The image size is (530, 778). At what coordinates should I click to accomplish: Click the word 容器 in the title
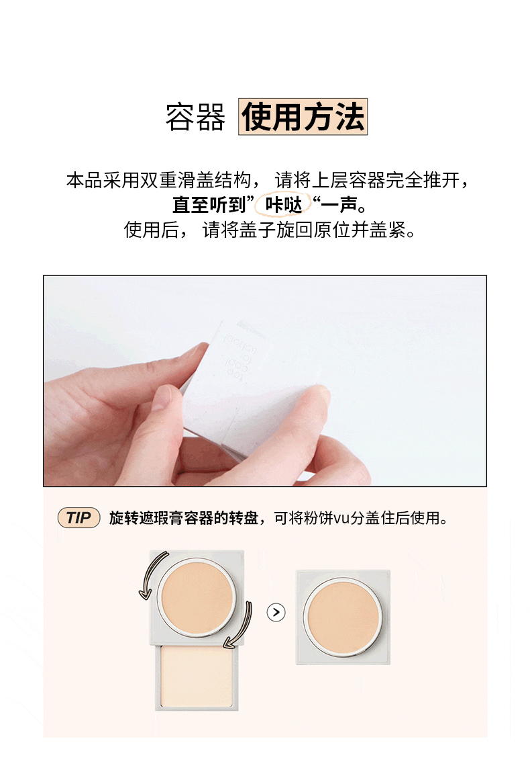point(195,118)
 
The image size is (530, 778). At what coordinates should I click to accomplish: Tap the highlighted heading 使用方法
point(303,117)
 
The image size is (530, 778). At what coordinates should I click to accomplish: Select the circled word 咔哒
point(283,204)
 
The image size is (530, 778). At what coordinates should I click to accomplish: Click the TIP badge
point(78,517)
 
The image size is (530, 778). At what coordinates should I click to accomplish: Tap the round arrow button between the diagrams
point(276,612)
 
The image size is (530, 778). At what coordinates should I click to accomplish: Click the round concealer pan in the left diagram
point(197,599)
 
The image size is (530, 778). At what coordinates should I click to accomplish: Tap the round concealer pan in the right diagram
point(343,616)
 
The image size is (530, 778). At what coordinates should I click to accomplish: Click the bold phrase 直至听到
point(209,205)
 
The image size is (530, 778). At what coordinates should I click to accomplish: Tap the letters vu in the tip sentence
point(341,519)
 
